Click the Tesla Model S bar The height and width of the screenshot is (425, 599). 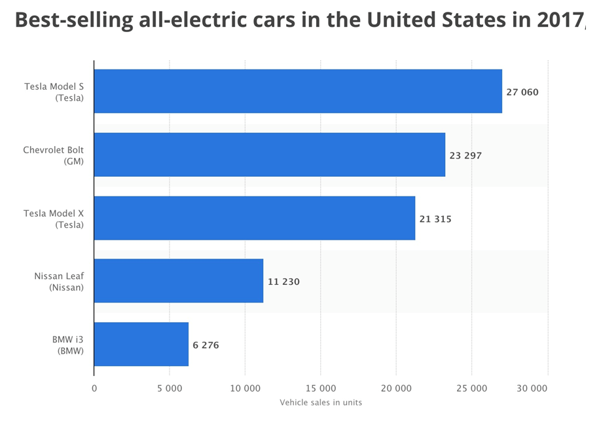coord(298,91)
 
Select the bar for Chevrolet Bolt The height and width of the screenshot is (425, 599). coord(269,155)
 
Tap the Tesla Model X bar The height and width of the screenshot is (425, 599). coord(254,218)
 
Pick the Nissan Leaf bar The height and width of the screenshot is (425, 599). coord(178,281)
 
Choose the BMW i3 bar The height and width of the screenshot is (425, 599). coord(141,344)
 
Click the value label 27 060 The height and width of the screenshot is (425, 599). coord(522,92)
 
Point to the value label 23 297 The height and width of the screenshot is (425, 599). coord(465,156)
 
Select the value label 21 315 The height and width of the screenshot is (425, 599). coord(435,219)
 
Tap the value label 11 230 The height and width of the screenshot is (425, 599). coord(283,282)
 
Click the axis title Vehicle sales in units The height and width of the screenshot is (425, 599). coord(321,402)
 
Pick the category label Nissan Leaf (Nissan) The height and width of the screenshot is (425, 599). coord(59,282)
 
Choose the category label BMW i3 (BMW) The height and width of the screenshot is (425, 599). coord(68,345)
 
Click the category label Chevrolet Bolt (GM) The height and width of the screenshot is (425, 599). coord(54,155)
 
